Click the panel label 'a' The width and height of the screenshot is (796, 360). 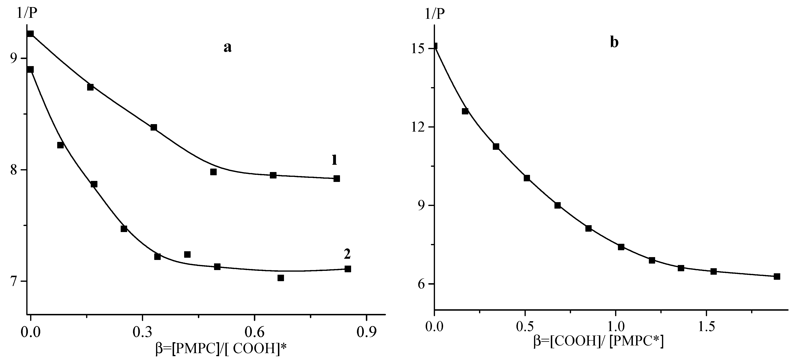click(x=227, y=47)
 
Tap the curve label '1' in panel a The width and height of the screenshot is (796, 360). click(x=334, y=160)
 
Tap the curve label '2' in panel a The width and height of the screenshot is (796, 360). click(x=347, y=254)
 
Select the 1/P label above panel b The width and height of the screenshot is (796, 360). click(x=435, y=14)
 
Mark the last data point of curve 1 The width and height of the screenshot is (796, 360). click(x=337, y=179)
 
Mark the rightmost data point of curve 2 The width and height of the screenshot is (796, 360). click(x=348, y=269)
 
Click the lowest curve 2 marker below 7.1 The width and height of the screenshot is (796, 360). click(x=281, y=278)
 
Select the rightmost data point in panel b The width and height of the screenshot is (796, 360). click(x=777, y=277)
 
